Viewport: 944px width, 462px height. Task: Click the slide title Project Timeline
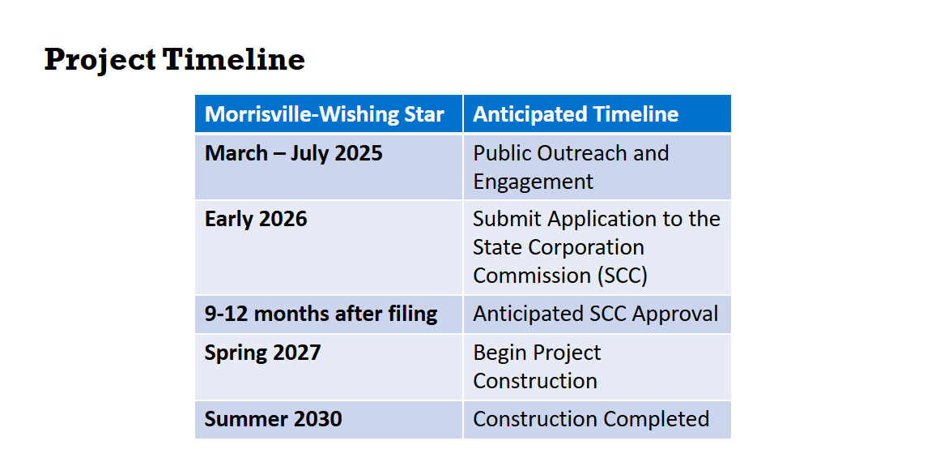pos(174,59)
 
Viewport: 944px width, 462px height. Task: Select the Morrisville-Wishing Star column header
pos(325,114)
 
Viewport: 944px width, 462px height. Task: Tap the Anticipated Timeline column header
pos(576,114)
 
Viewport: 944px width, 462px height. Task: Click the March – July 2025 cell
pos(293,153)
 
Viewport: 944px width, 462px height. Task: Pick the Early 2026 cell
pos(256,219)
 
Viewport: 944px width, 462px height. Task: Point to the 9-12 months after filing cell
pos(321,314)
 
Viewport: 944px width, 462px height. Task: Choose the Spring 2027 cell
pos(262,353)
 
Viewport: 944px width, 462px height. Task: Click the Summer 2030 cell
pos(273,419)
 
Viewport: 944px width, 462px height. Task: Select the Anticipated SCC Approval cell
pos(595,314)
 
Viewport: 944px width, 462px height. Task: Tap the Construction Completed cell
pos(591,419)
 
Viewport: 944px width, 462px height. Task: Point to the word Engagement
pos(533,182)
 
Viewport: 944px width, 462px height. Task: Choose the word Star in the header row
pos(423,114)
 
